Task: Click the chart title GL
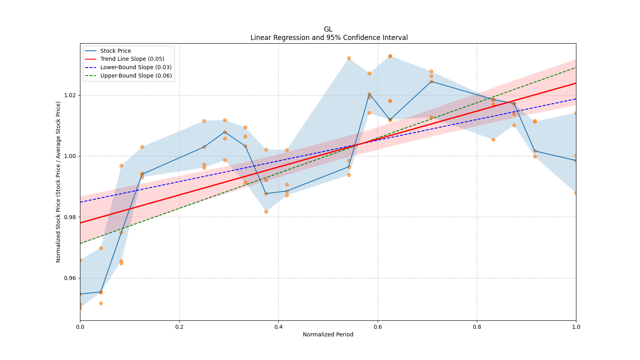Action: point(328,29)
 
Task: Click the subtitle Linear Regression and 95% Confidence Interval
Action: point(329,38)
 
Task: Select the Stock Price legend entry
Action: point(116,51)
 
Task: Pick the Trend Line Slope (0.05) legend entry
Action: point(132,59)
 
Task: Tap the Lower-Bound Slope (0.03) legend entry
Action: point(136,67)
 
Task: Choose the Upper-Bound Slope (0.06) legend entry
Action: point(136,76)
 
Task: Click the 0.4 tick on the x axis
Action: point(278,327)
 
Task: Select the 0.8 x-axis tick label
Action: point(477,327)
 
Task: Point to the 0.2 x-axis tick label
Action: point(179,327)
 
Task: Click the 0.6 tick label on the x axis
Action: point(378,327)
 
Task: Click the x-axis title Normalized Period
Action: point(328,334)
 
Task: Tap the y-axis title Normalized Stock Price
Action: point(58,182)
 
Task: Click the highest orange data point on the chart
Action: point(390,56)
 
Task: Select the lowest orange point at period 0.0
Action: point(80,308)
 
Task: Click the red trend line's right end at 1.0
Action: point(576,83)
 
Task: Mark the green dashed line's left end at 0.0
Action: point(80,243)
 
